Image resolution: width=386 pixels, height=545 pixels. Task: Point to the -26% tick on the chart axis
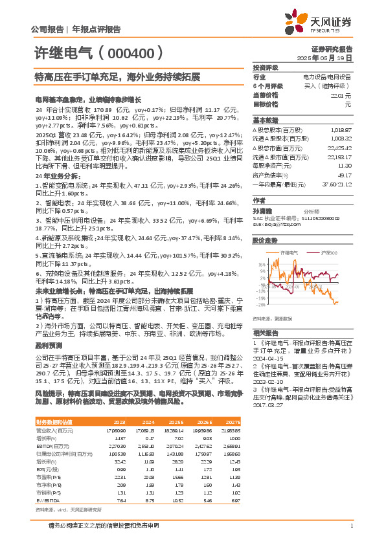[261, 304]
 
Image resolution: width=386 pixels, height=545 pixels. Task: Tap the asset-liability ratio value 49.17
[344, 174]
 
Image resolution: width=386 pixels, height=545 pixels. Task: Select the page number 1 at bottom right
[350, 526]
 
